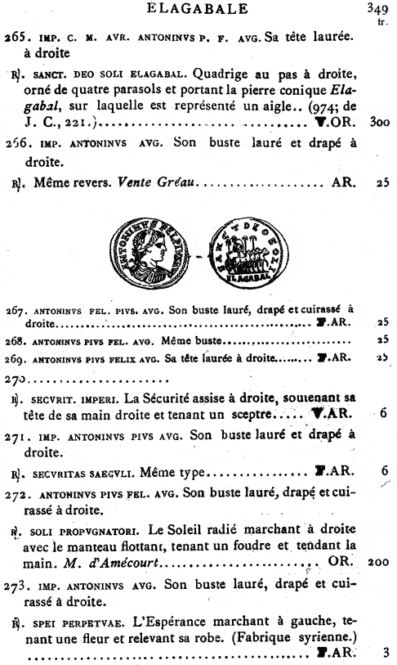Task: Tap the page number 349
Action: [376, 9]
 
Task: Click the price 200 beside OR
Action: [377, 563]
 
